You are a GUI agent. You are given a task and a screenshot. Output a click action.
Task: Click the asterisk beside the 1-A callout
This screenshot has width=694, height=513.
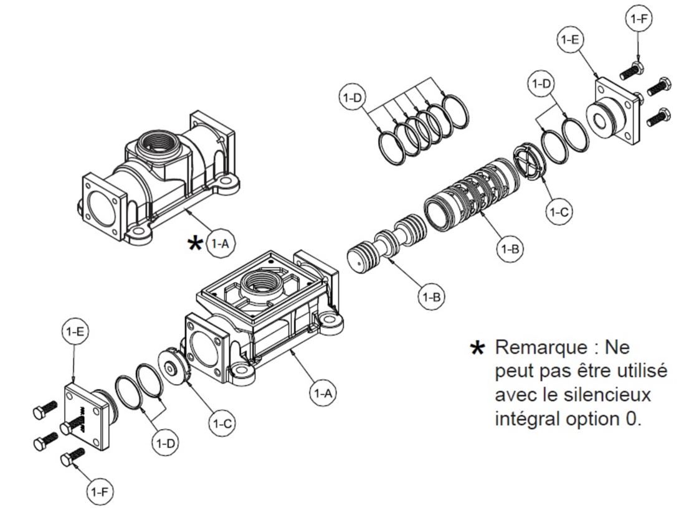[x=195, y=243]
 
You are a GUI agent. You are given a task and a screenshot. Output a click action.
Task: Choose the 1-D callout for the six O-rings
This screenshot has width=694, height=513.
[x=352, y=98]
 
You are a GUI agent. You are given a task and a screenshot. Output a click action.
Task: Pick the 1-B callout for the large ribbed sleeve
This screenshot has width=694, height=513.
[x=510, y=249]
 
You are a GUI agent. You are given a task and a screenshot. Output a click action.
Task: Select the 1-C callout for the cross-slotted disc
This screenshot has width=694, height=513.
[x=559, y=212]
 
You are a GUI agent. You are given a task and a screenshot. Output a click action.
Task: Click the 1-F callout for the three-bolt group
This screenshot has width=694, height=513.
[x=638, y=19]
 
